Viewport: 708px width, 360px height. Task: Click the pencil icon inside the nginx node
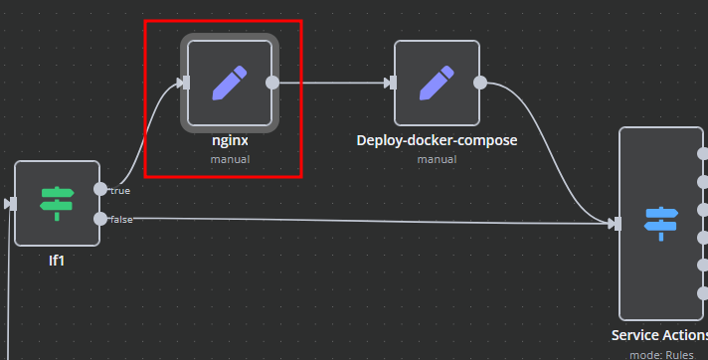[x=229, y=83]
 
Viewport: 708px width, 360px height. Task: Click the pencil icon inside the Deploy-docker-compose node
[x=437, y=83]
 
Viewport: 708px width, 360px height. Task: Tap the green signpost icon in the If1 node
[x=57, y=203]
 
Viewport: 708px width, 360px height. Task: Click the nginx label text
[x=230, y=140]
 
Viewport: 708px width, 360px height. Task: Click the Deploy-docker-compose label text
[x=437, y=140]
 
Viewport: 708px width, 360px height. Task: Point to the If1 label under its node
[x=57, y=260]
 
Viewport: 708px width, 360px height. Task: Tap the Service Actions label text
[x=658, y=336]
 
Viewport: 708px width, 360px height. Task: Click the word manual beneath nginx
[x=230, y=158]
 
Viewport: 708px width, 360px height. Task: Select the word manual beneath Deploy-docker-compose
[x=437, y=158]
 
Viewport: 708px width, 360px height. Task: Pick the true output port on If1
[x=99, y=188]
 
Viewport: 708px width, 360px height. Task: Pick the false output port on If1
[x=99, y=218]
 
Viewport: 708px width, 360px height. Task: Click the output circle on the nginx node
[x=272, y=83]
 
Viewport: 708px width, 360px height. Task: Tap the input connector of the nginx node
[x=184, y=83]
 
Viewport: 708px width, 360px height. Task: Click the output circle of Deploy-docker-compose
[x=480, y=83]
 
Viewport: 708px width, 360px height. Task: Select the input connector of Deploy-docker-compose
[x=392, y=83]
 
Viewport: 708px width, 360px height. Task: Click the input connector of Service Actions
[x=617, y=224]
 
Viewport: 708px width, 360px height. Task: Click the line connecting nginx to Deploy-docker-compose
[x=333, y=83]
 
